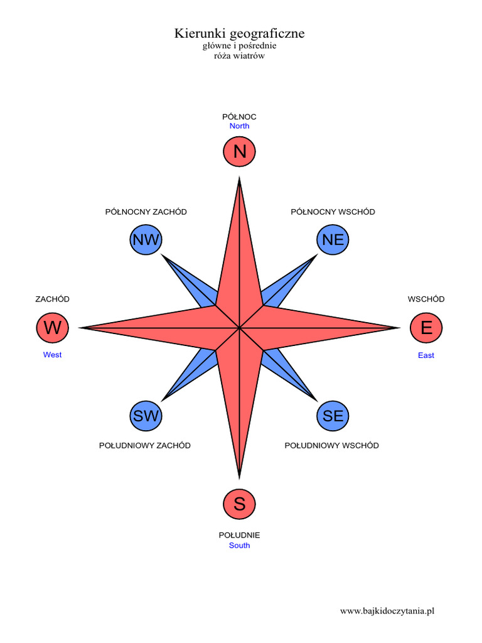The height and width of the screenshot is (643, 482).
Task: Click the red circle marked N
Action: coord(239,151)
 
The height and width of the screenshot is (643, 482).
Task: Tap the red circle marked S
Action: coord(239,504)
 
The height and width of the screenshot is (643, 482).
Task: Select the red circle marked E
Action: coord(426,328)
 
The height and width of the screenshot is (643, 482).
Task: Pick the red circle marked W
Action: coord(53,328)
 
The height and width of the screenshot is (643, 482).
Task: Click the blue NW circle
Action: coord(146,239)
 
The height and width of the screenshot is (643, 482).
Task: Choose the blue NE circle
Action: coord(333,239)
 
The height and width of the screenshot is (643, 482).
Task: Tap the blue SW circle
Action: coord(146,416)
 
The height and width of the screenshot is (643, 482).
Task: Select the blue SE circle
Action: coord(333,416)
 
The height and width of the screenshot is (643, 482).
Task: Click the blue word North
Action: coord(239,126)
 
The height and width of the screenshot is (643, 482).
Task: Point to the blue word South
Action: coord(239,546)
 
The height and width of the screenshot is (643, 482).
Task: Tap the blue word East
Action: coord(426,355)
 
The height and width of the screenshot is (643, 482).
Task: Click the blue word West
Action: coord(53,355)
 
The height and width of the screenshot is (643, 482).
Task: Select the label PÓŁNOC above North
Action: coord(239,117)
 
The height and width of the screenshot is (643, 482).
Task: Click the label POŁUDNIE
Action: coord(239,535)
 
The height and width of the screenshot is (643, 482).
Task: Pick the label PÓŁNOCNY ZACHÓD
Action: coord(146,212)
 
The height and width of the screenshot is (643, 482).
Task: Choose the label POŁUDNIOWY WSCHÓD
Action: coord(331,445)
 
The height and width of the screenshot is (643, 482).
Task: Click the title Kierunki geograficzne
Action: coord(239,33)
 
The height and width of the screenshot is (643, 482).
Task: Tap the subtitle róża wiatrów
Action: coord(239,56)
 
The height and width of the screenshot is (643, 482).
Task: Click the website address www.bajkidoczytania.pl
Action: coord(387,611)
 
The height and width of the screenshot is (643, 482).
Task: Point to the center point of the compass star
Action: coord(239,328)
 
